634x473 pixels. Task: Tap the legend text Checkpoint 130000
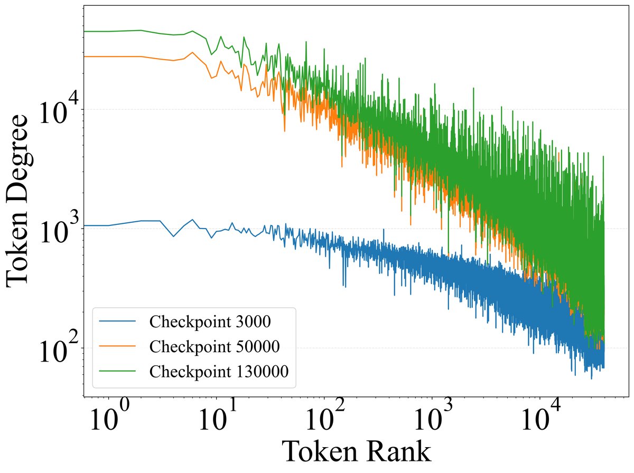pos(219,371)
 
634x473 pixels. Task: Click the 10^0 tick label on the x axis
pos(108,422)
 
